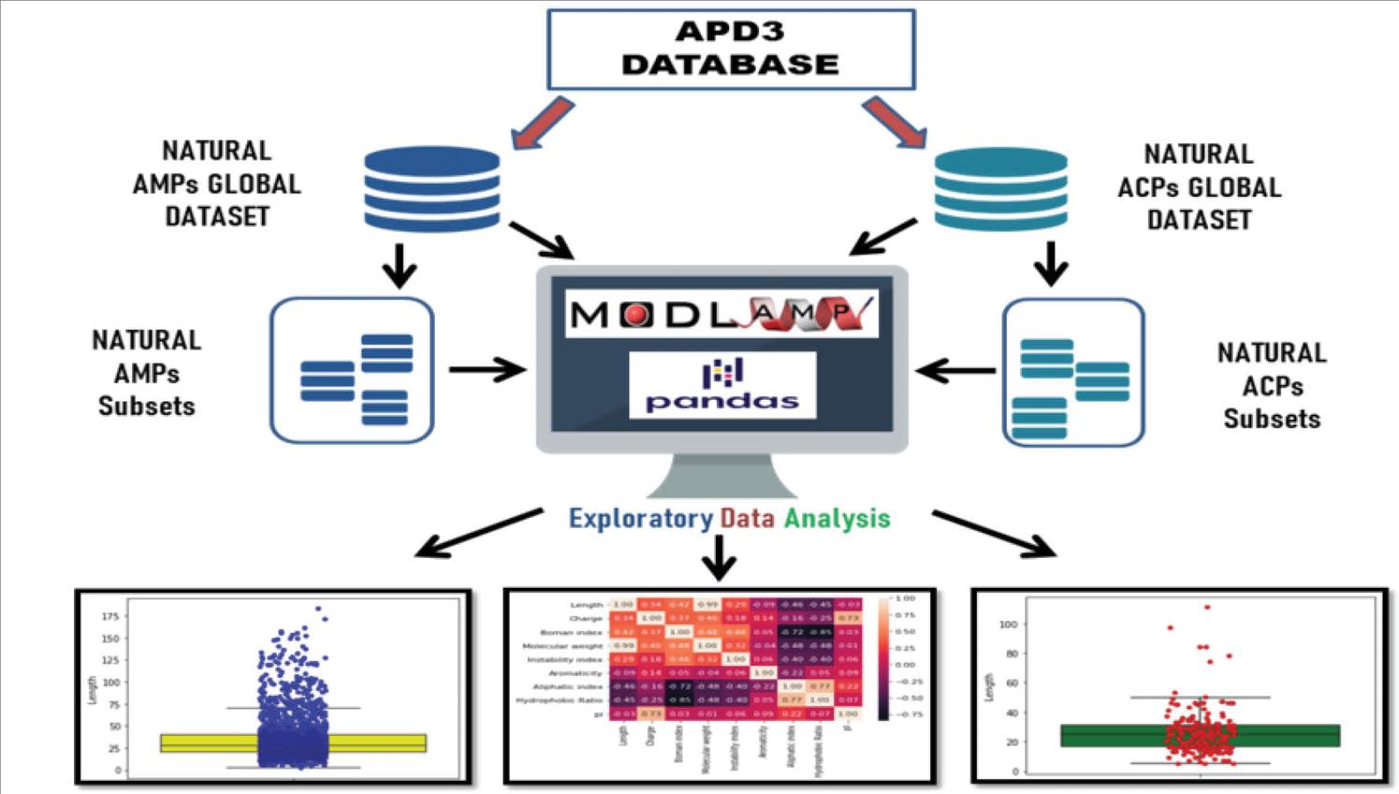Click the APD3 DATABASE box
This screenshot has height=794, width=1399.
tap(730, 49)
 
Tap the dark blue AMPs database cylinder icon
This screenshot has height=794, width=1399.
tap(431, 188)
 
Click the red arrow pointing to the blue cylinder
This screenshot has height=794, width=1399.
tap(544, 123)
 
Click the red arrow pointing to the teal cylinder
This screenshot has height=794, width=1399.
tap(894, 123)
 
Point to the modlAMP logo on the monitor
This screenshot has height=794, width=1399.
tap(721, 314)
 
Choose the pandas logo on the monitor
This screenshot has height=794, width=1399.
tap(721, 385)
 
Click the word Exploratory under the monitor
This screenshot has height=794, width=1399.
tap(640, 518)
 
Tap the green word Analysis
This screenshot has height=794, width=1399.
tap(837, 518)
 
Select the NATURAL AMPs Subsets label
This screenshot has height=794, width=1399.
tap(147, 373)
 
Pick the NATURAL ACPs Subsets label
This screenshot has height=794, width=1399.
tap(1272, 386)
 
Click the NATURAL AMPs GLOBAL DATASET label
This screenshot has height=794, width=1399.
tap(217, 184)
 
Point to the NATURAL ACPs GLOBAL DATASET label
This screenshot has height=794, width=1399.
tap(1199, 187)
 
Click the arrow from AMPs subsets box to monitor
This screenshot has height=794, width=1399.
tap(487, 370)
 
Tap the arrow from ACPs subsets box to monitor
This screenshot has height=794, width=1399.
tap(955, 371)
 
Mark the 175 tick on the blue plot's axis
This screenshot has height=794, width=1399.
tap(109, 617)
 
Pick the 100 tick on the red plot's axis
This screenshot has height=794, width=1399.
tap(1008, 624)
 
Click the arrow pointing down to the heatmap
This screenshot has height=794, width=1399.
tap(719, 559)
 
